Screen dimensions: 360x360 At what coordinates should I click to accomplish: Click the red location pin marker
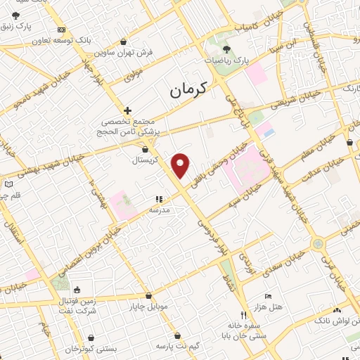181,165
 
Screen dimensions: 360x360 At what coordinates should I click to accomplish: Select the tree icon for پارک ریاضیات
226,49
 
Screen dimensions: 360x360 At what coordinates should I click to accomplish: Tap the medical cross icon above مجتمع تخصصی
127,110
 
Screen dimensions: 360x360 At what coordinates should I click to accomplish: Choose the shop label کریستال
146,160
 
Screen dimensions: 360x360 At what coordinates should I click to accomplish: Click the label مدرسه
158,210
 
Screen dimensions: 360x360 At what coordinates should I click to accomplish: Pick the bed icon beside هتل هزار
267,296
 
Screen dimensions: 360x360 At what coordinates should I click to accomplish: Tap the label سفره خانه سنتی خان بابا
243,331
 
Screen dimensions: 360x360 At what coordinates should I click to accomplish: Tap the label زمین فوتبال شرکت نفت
76,306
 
